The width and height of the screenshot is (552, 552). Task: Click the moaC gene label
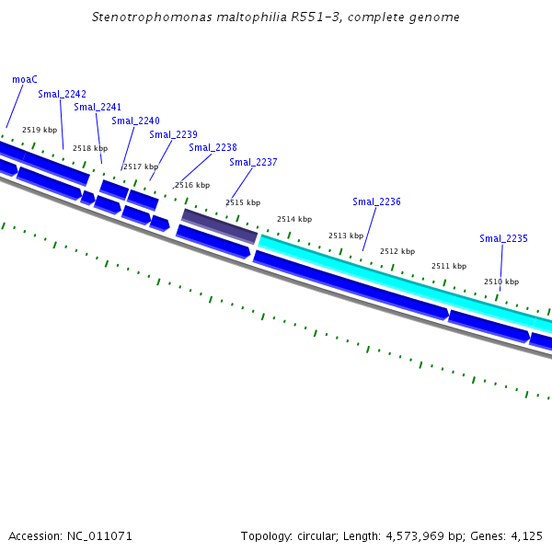25,79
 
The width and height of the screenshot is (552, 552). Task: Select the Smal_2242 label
62,94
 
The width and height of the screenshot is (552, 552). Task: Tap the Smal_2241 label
98,108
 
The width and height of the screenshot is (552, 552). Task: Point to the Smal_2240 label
135,121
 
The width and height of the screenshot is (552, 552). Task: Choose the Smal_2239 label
173,134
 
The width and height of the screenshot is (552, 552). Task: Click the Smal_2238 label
213,147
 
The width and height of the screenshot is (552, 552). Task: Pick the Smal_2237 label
253,162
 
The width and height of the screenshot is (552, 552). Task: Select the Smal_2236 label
376,201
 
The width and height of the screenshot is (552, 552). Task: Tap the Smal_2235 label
503,238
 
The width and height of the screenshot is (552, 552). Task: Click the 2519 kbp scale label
40,130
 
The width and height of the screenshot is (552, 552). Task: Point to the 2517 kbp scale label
141,167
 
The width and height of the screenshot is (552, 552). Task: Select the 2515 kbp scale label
243,202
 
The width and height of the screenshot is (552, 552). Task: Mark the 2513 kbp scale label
346,236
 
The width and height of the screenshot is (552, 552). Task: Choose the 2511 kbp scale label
449,266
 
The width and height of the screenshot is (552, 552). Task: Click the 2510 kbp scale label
501,282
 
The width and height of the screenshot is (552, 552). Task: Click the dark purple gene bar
219,226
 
